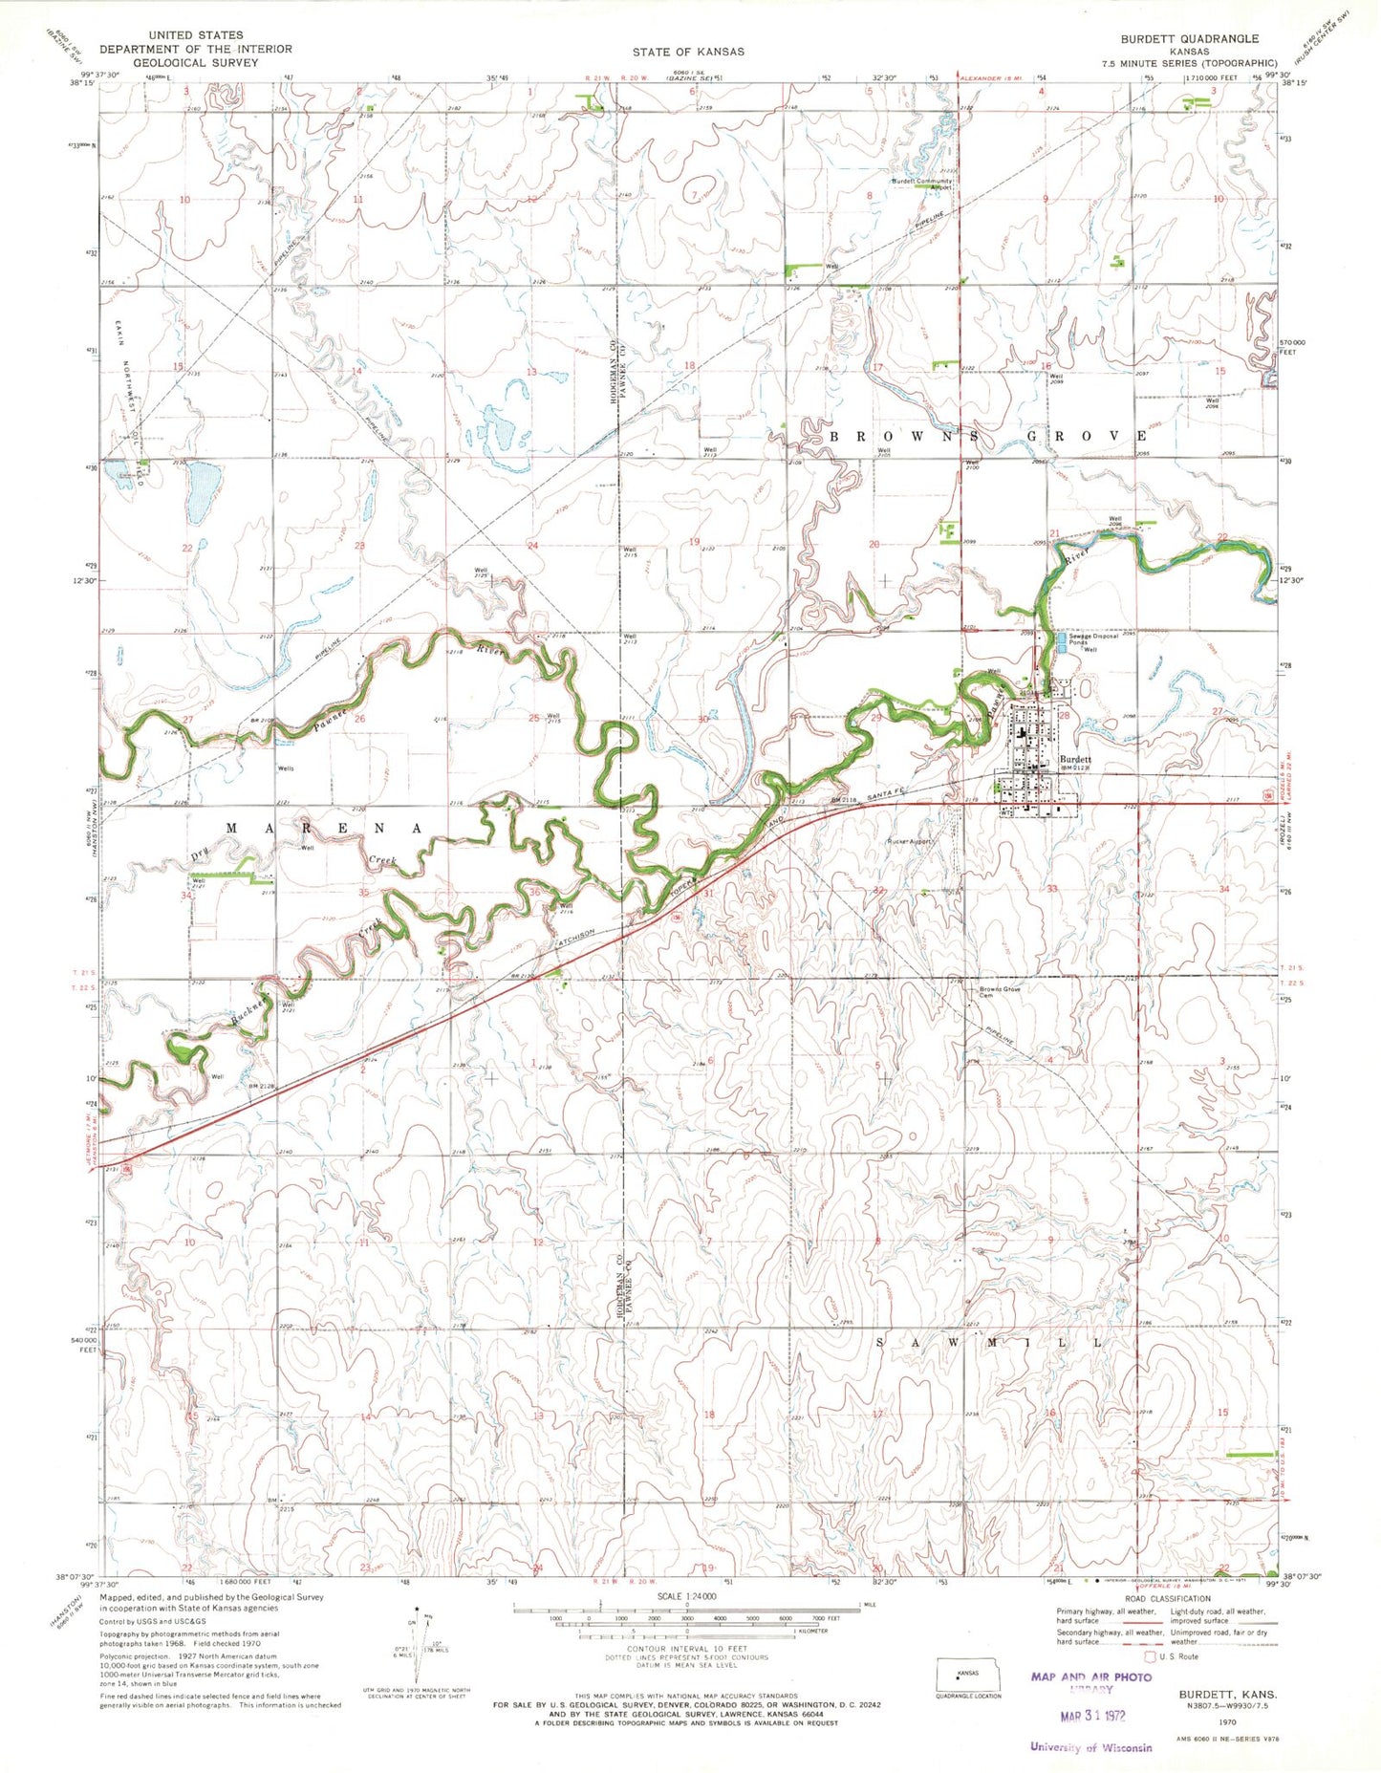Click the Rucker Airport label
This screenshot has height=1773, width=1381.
[909, 842]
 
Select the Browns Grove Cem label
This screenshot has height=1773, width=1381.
[999, 991]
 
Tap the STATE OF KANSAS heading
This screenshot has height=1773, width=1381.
[687, 51]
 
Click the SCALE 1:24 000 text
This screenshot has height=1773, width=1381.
[685, 1596]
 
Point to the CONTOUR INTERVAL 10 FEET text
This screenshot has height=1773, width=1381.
[685, 1649]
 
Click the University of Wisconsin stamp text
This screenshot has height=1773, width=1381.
[1090, 1747]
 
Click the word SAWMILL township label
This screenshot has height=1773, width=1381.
[987, 1342]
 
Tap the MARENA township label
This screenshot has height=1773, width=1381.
[324, 828]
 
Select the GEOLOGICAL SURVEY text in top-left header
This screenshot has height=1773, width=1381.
[195, 62]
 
